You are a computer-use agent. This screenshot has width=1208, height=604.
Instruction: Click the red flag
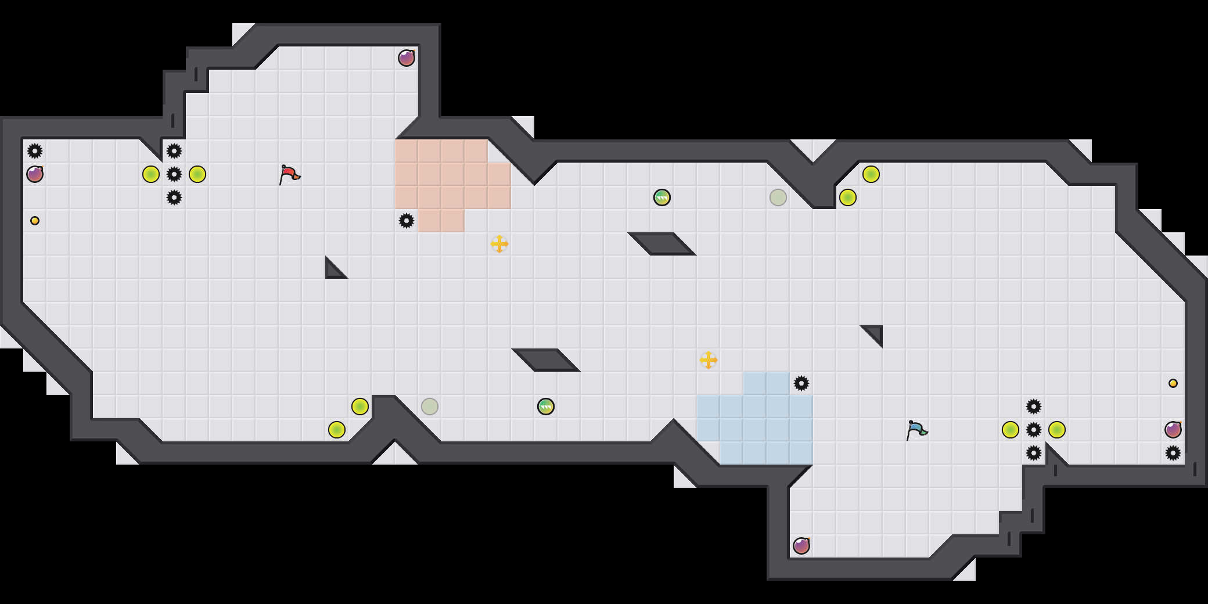(x=289, y=174)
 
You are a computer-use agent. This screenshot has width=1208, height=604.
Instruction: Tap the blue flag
(x=916, y=430)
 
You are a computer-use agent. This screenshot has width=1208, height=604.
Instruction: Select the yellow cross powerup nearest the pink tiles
(x=499, y=244)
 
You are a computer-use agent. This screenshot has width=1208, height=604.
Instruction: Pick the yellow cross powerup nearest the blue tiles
(x=709, y=360)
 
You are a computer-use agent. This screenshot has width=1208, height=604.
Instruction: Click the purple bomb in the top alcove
(x=407, y=58)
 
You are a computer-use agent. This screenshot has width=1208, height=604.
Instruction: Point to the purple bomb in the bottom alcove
(x=801, y=546)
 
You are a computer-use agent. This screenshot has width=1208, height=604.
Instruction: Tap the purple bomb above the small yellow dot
(x=35, y=174)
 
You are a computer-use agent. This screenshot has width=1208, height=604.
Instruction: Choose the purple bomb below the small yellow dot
(x=1173, y=430)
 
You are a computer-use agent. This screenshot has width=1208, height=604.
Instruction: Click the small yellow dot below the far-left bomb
(x=35, y=221)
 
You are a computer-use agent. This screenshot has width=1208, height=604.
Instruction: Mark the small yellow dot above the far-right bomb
(x=1173, y=383)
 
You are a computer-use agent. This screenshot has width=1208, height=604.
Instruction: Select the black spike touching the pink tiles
(x=407, y=221)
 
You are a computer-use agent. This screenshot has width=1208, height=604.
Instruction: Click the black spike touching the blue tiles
(x=801, y=383)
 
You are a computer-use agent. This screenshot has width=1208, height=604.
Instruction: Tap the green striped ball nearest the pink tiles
(x=662, y=197)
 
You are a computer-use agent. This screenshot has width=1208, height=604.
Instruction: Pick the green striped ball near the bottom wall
(x=546, y=407)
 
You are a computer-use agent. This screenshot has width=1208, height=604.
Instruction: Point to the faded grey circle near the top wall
(x=778, y=197)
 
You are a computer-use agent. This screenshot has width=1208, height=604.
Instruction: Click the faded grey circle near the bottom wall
(x=430, y=407)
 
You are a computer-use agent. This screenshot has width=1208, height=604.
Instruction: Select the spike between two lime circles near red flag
(x=174, y=174)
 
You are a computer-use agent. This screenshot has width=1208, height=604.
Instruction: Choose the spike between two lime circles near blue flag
(x=1034, y=430)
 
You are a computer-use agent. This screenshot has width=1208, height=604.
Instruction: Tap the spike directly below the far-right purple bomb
(x=1173, y=453)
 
